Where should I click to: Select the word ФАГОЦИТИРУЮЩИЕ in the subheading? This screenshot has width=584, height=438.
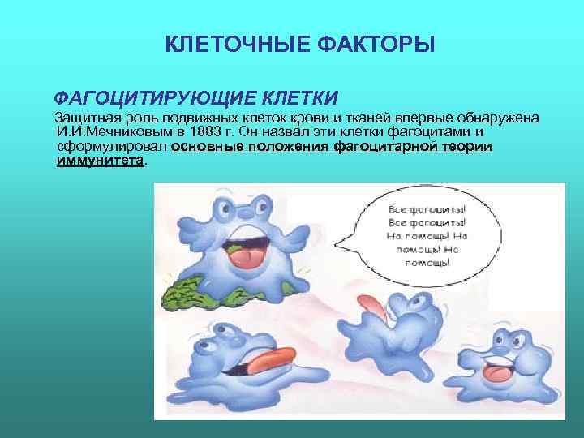pyautogui.click(x=153, y=98)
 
